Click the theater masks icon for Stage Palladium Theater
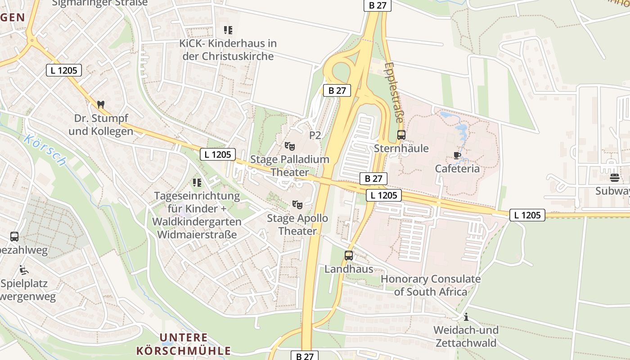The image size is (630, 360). point(290,146)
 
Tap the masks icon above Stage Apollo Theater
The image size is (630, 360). point(297,205)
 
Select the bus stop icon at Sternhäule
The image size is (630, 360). point(401,135)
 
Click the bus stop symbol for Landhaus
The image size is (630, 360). point(349,256)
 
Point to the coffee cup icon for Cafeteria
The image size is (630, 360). point(457,156)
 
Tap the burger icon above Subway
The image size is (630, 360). point(615,177)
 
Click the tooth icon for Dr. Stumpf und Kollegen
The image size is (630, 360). point(101,104)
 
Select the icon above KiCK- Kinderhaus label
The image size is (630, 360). point(228,30)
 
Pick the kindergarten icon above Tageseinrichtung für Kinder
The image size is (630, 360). point(197,183)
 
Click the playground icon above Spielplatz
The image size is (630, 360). point(23,270)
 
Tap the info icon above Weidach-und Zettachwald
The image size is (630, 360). point(466,316)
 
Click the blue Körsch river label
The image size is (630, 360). point(45,150)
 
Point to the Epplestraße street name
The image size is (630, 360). point(393,92)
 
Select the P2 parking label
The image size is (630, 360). point(315,135)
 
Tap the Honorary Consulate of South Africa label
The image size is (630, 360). point(431,285)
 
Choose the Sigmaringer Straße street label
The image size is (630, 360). point(99,3)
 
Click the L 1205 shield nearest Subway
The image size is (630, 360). point(527,215)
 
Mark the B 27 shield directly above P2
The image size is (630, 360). point(337,90)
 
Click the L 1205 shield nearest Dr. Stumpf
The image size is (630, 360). point(64,70)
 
